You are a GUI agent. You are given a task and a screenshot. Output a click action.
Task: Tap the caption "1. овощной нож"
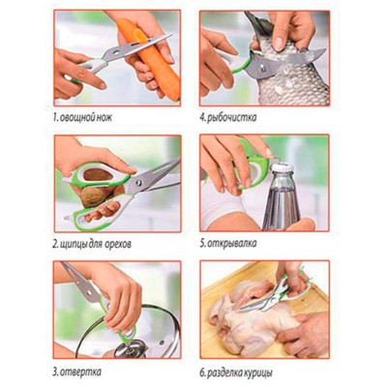(x=82, y=117)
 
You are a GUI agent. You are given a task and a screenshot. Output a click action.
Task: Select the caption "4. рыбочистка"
(x=228, y=117)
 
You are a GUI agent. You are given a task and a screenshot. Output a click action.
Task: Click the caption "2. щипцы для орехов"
(x=92, y=244)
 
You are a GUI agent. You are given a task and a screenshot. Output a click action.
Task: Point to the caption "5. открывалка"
(x=228, y=243)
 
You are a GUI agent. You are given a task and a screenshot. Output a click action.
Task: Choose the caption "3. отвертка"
(x=77, y=372)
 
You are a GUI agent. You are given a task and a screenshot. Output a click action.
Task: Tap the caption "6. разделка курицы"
(x=236, y=373)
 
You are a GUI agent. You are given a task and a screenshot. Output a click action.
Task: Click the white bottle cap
(x=282, y=168)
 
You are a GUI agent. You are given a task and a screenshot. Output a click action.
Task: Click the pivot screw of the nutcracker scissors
(x=139, y=183)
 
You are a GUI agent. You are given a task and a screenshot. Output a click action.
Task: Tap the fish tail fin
(x=256, y=22)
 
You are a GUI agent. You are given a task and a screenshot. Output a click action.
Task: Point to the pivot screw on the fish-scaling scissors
(x=262, y=68)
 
